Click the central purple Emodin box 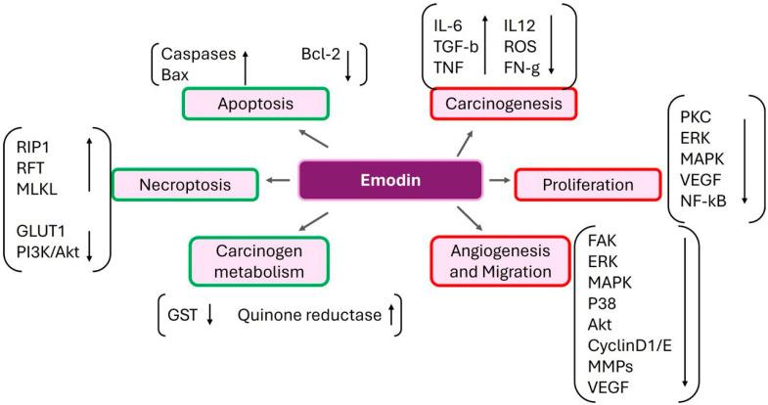point(390,181)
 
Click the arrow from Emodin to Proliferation point(498,181)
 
